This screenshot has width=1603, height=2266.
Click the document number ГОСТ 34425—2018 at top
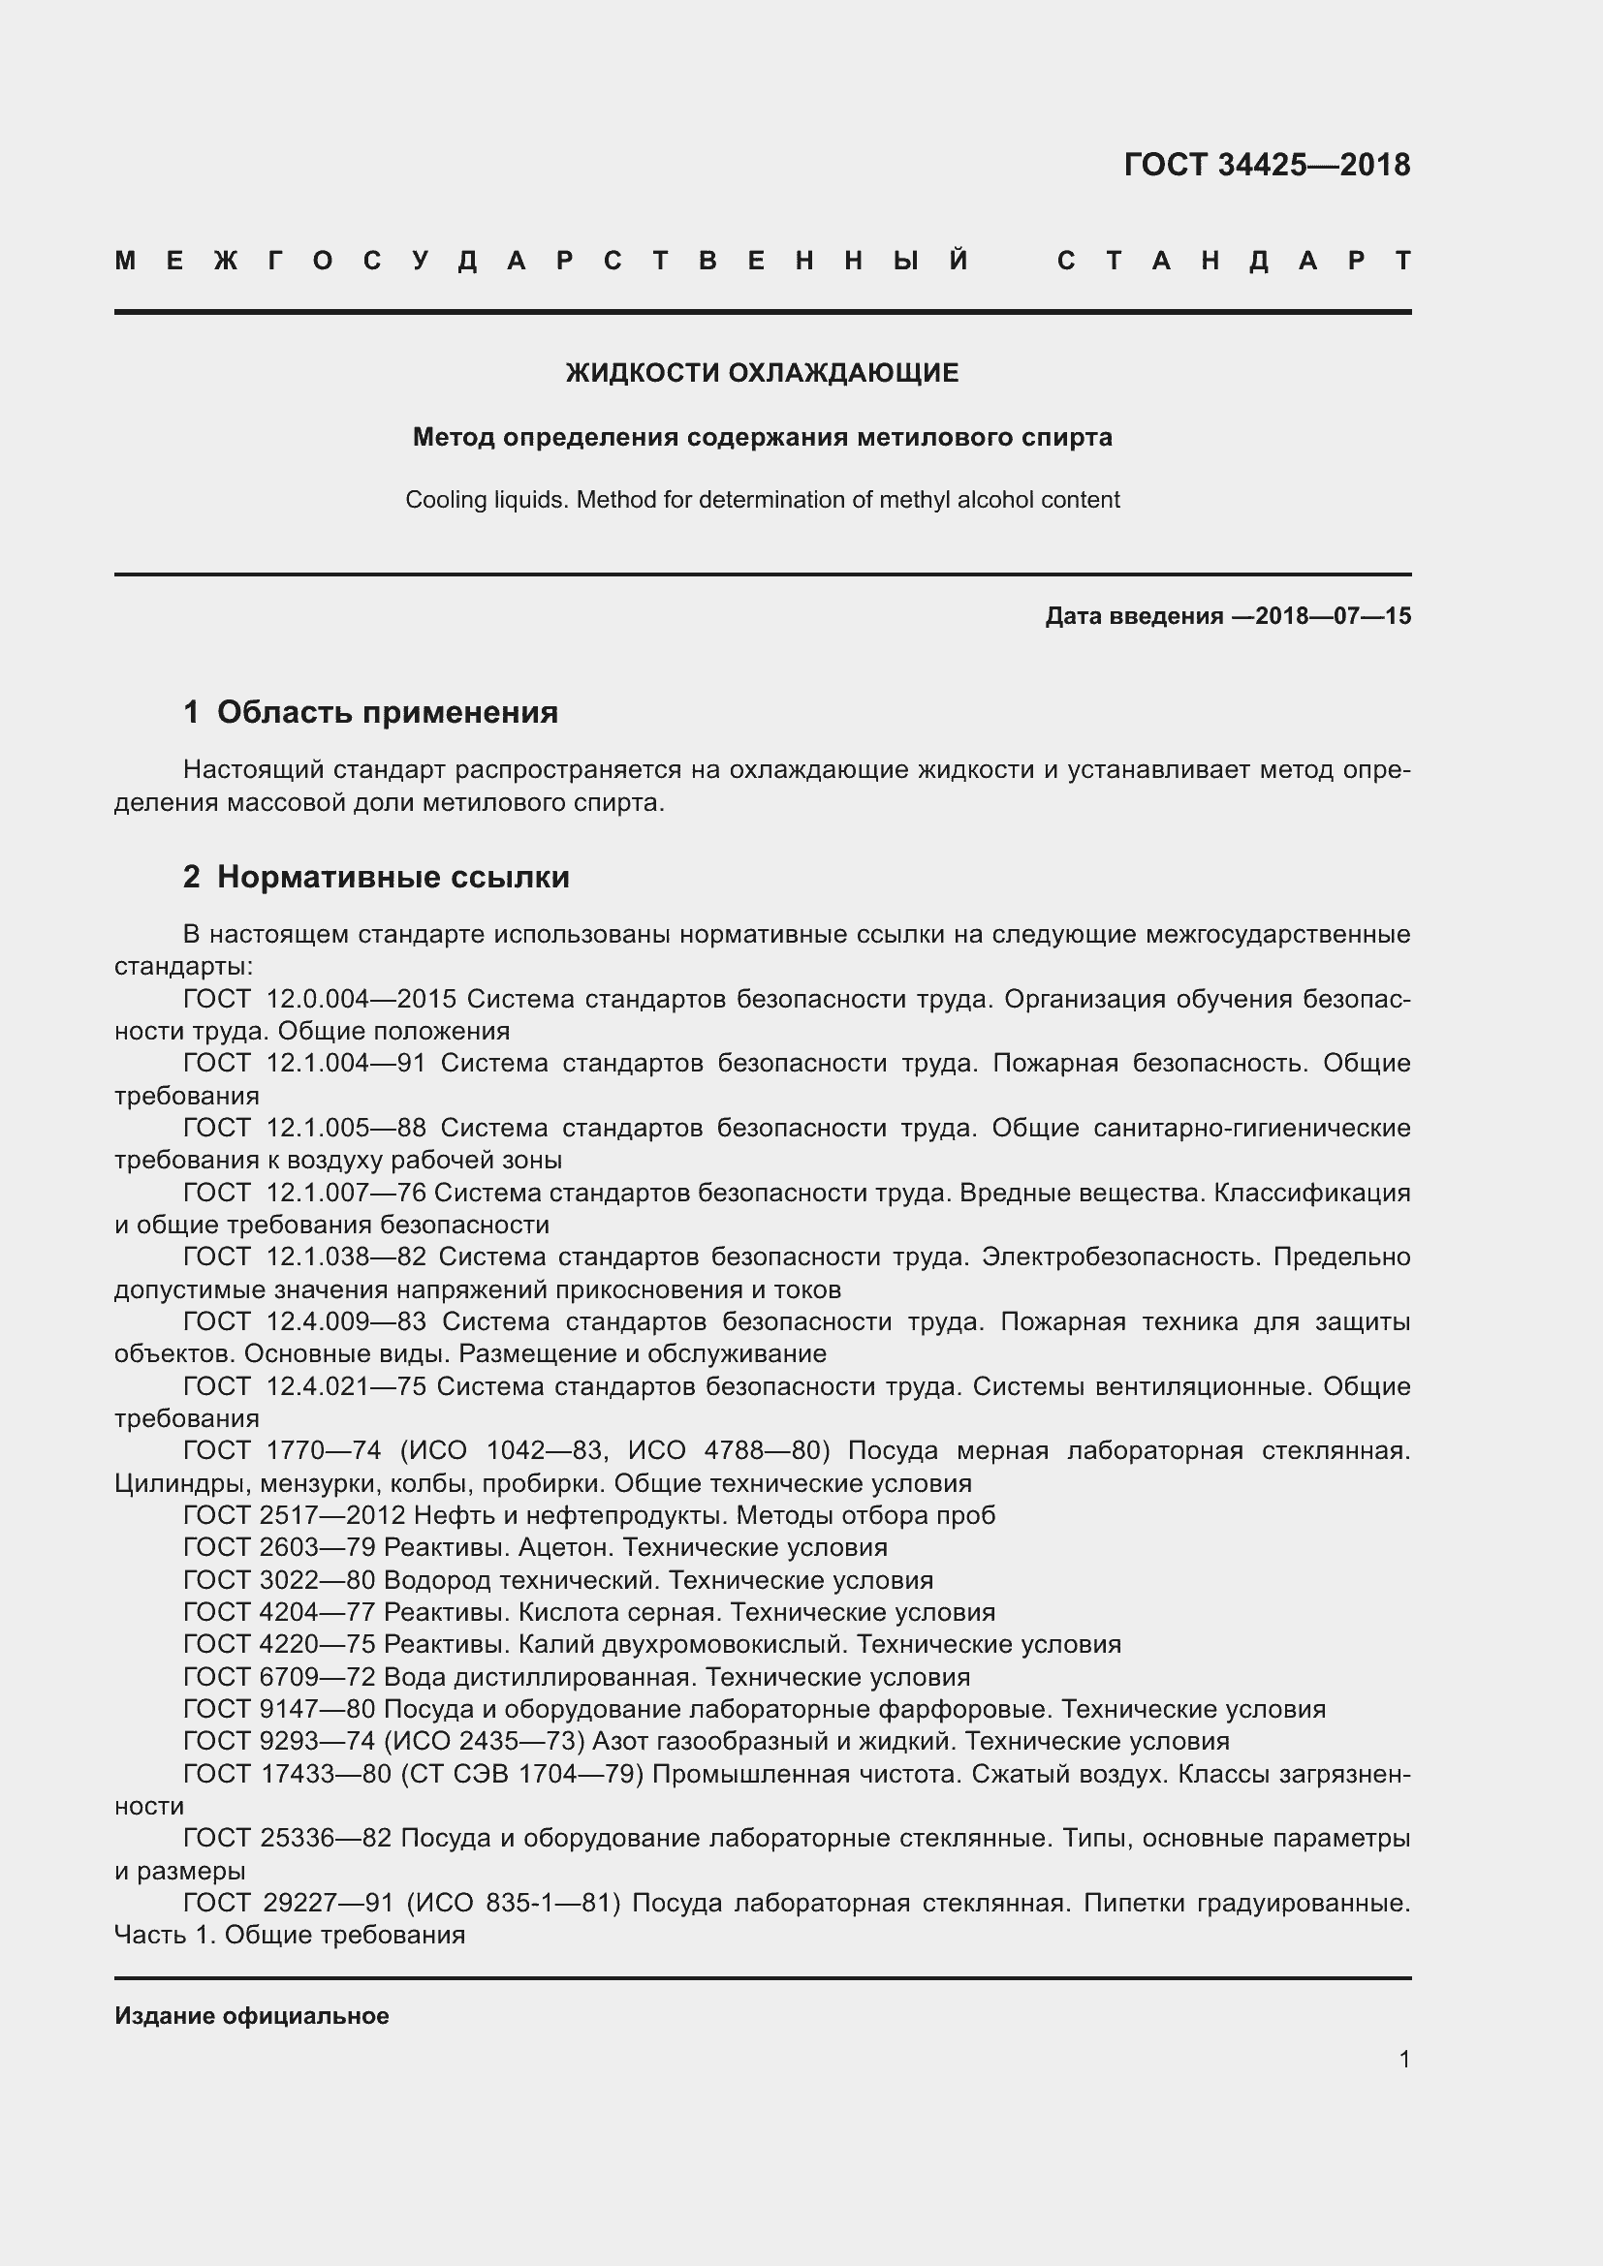pyautogui.click(x=1267, y=165)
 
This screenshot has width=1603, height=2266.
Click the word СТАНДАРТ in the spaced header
pyautogui.click(x=1233, y=261)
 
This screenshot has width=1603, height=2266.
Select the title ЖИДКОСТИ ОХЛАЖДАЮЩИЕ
pyautogui.click(x=762, y=373)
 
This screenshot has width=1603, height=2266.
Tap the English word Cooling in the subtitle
pyautogui.click(x=440, y=500)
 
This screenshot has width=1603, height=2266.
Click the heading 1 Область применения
pyautogui.click(x=370, y=712)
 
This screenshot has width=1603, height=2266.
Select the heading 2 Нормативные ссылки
pyautogui.click(x=376, y=877)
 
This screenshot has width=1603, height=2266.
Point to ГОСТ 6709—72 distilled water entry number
pyautogui.click(x=279, y=1677)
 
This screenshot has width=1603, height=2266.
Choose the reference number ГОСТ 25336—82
pyautogui.click(x=287, y=1839)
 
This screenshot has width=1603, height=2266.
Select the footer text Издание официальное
pyautogui.click(x=252, y=2016)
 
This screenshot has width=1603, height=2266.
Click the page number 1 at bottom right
pyautogui.click(x=1403, y=2060)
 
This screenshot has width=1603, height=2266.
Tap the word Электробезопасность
pyautogui.click(x=1120, y=1257)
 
